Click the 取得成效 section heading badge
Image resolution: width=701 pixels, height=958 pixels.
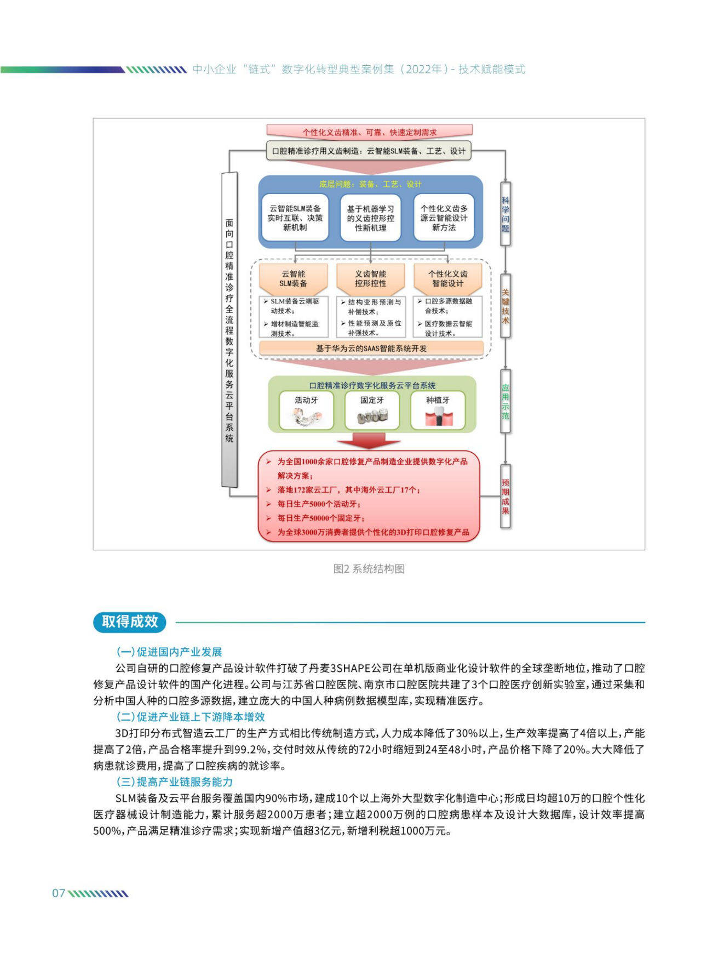[130, 621]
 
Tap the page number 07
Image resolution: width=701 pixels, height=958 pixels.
[59, 893]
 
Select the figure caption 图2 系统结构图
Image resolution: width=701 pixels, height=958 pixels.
[369, 569]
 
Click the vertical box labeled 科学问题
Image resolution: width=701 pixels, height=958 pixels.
[505, 214]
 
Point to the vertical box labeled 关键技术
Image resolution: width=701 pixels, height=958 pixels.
[505, 306]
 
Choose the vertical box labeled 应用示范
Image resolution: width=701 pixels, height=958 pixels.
[505, 401]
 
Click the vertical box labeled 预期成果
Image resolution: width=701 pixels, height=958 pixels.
[505, 496]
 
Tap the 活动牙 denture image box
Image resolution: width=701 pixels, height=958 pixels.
[306, 410]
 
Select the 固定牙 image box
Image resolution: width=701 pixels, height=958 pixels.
[372, 410]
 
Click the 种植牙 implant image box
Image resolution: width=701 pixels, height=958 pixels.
[438, 410]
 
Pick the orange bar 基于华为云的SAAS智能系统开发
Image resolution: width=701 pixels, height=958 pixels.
[371, 348]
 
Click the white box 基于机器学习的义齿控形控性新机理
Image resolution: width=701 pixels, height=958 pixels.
[370, 218]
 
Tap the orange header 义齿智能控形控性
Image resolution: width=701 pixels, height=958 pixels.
[370, 278]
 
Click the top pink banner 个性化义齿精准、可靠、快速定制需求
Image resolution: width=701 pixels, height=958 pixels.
[369, 132]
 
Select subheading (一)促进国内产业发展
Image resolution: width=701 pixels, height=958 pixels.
[169, 652]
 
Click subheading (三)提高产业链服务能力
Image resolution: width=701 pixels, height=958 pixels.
[174, 782]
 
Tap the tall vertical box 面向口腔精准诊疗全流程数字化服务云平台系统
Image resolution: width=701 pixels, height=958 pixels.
[229, 330]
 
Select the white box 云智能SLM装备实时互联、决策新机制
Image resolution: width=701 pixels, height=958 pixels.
[295, 218]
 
